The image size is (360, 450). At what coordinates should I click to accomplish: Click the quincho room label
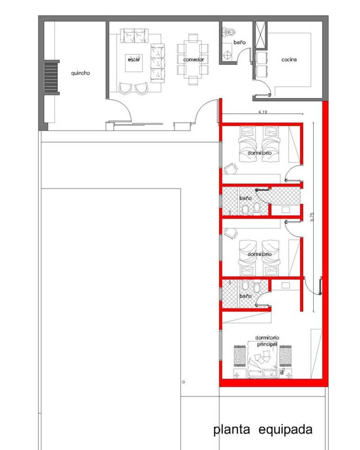(x=80, y=73)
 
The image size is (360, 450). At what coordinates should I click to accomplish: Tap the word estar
(x=134, y=60)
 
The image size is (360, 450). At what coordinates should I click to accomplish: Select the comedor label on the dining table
(x=194, y=60)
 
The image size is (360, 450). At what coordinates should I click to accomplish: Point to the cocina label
(x=289, y=60)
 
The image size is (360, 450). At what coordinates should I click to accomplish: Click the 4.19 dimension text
(x=262, y=112)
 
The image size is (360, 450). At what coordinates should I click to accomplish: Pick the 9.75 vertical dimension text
(x=312, y=217)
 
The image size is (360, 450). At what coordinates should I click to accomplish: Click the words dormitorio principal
(x=267, y=341)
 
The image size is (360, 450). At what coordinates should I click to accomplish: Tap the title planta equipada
(x=262, y=430)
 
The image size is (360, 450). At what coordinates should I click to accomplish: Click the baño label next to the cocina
(x=240, y=43)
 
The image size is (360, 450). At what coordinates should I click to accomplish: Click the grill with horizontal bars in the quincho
(x=51, y=77)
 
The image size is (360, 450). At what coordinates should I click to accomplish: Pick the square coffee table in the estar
(x=134, y=62)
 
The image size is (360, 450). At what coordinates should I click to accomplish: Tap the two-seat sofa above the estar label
(x=135, y=36)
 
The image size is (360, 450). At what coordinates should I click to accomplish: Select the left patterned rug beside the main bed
(x=240, y=356)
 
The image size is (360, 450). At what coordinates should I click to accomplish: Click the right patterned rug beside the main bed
(x=285, y=356)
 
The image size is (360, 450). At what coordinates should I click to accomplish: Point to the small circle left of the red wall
(x=183, y=382)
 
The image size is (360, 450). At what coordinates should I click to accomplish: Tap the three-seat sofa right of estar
(x=157, y=63)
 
